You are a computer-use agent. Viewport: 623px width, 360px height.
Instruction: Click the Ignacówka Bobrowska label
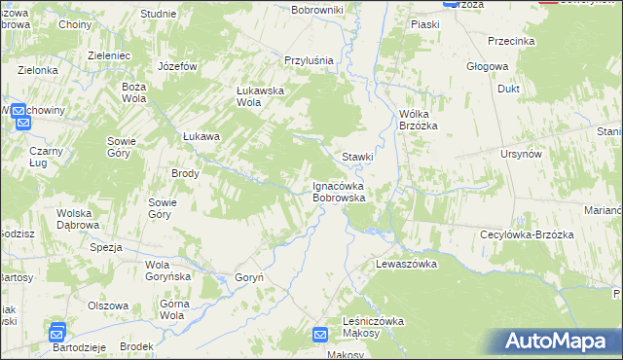339,191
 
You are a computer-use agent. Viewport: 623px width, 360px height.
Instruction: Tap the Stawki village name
357,157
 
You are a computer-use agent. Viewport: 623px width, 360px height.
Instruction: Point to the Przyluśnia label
309,60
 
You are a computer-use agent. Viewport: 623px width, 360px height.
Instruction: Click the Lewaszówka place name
406,264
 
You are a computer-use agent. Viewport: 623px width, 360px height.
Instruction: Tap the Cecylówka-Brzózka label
523,234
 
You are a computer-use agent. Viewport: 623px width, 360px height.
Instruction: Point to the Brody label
185,174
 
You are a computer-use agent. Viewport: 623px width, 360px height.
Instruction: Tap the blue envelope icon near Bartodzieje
57,332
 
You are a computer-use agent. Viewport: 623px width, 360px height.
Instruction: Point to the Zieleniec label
109,56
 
